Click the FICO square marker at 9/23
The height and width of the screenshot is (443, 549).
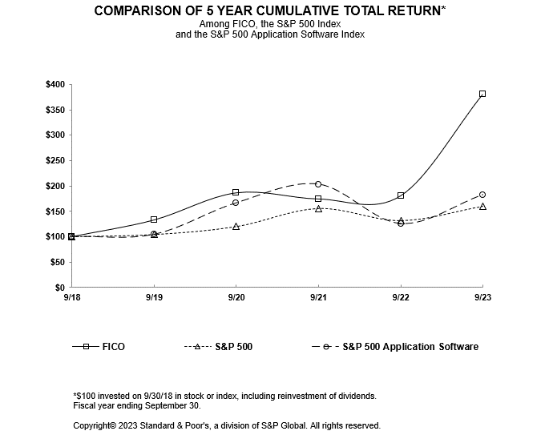pyautogui.click(x=482, y=94)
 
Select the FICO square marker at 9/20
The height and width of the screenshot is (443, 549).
pyautogui.click(x=236, y=192)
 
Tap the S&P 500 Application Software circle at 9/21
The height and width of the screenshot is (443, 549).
pyautogui.click(x=318, y=184)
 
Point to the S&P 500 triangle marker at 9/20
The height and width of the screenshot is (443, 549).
pyautogui.click(x=236, y=227)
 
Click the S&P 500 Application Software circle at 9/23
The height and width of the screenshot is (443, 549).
pyautogui.click(x=482, y=195)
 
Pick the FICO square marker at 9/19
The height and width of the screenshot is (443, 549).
pyautogui.click(x=154, y=219)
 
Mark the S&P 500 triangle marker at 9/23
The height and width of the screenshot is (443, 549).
pyautogui.click(x=482, y=207)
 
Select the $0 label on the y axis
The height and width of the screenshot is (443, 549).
pyautogui.click(x=59, y=288)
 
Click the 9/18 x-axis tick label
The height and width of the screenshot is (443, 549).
pyautogui.click(x=71, y=297)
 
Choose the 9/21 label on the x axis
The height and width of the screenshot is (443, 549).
pyautogui.click(x=318, y=297)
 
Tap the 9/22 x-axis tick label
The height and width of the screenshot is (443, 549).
pyautogui.click(x=400, y=297)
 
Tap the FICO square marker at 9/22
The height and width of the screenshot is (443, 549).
pyautogui.click(x=400, y=195)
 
